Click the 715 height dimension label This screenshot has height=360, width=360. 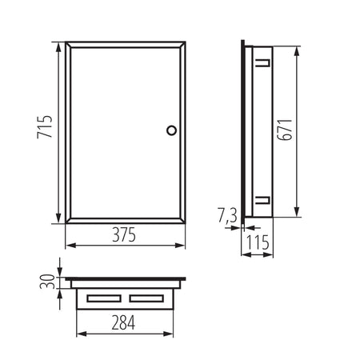coord(45,127)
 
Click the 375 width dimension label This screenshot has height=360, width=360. coord(124,234)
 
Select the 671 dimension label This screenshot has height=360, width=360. coord(285,130)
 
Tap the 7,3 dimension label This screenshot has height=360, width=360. coord(227,215)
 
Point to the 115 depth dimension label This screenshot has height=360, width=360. coord(258,242)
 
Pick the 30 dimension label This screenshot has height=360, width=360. coord(47,282)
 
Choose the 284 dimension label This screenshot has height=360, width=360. coord(123,322)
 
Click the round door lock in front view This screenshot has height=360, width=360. coord(171,130)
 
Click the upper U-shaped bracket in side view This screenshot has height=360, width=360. coord(263,63)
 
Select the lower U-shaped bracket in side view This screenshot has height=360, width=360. coord(263,200)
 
